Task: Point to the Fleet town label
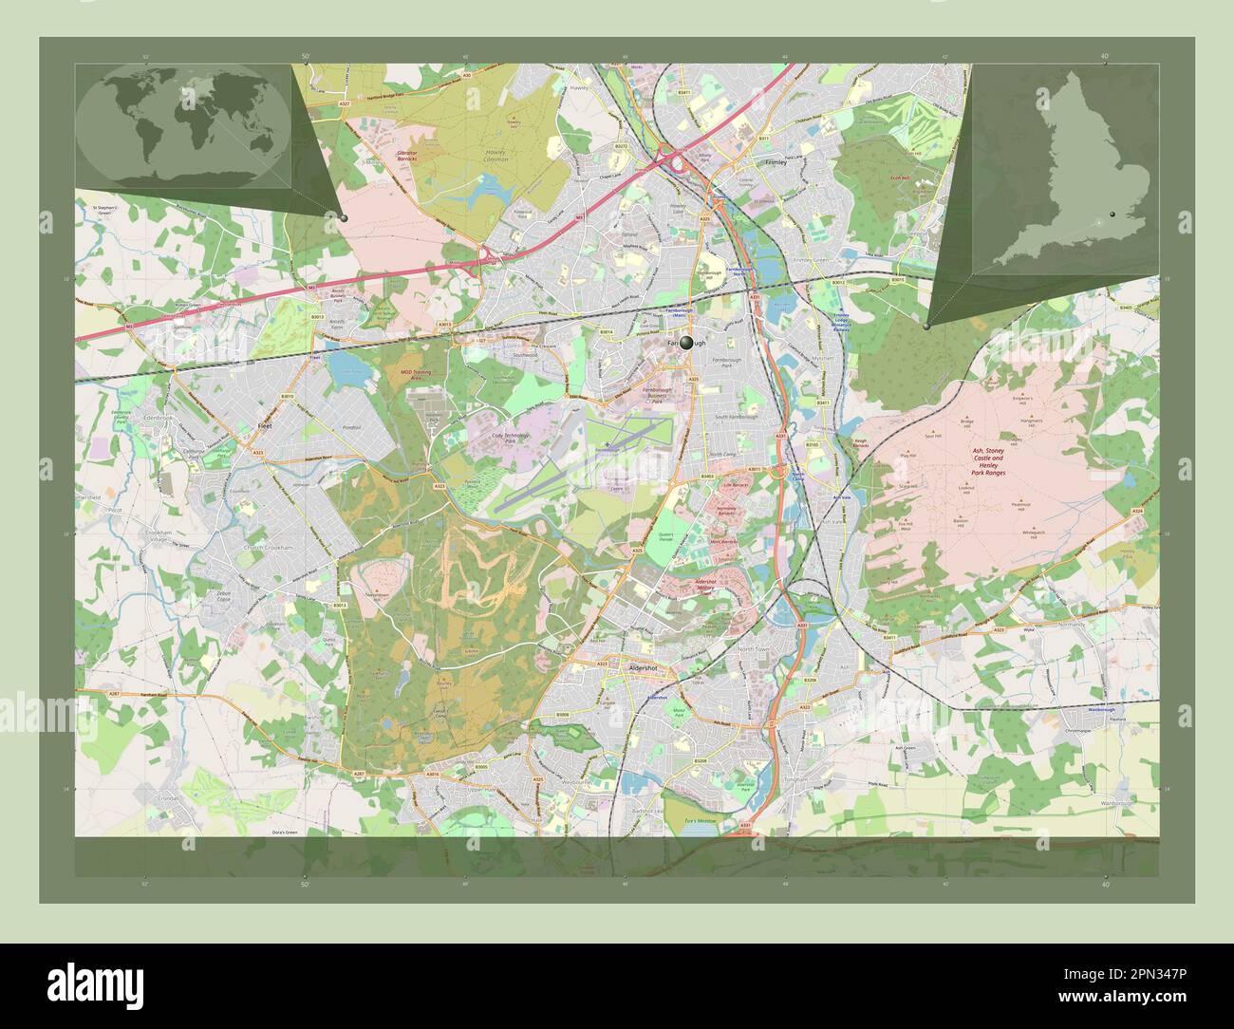point(265,428)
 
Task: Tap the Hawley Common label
point(495,156)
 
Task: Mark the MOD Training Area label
point(416,374)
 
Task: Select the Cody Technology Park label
point(516,439)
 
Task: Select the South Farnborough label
point(736,418)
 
